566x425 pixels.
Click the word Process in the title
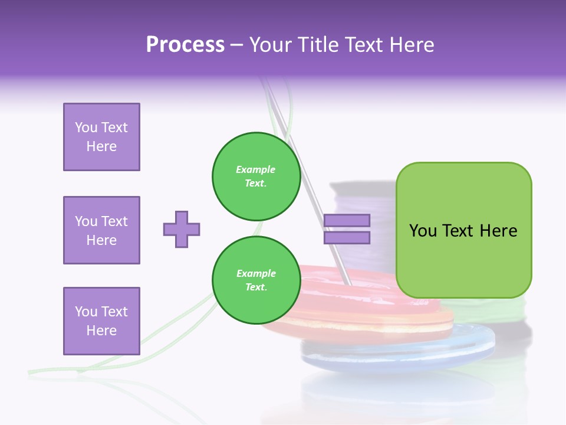point(185,45)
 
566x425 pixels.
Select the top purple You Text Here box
point(101,137)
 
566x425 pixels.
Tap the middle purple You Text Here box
point(101,230)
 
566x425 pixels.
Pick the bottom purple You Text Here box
point(101,321)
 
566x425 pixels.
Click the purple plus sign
point(182,229)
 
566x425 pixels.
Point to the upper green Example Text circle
point(256,176)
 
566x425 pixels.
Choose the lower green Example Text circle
point(256,280)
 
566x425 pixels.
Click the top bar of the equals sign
point(347,221)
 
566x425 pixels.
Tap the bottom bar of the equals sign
point(347,238)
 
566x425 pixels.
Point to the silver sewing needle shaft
point(307,177)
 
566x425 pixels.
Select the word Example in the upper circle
point(256,169)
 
